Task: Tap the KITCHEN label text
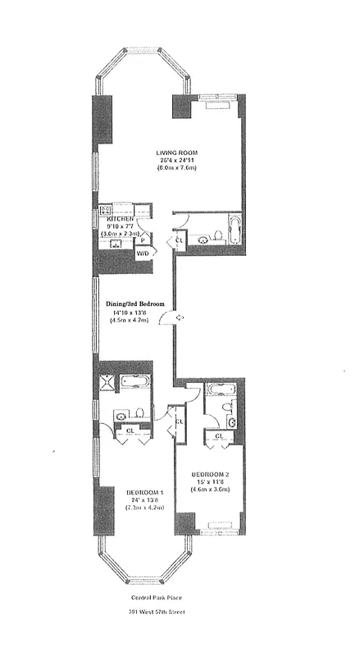tap(121, 220)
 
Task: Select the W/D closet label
tap(143, 254)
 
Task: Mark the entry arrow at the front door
tap(179, 317)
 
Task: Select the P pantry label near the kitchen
tap(142, 241)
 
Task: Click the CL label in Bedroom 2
tap(220, 435)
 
